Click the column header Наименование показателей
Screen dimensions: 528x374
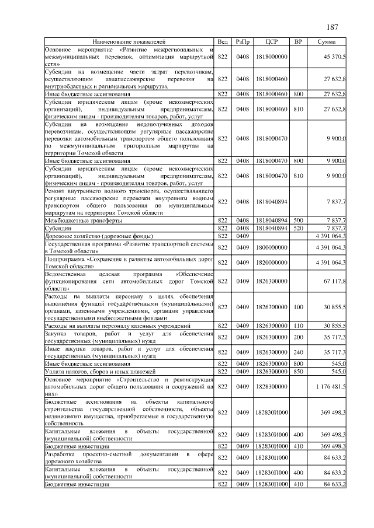click(x=129, y=42)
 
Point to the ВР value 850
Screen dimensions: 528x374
click(x=298, y=370)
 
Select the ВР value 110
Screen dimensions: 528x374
click(x=298, y=325)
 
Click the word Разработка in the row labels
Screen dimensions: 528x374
click(x=61, y=453)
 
